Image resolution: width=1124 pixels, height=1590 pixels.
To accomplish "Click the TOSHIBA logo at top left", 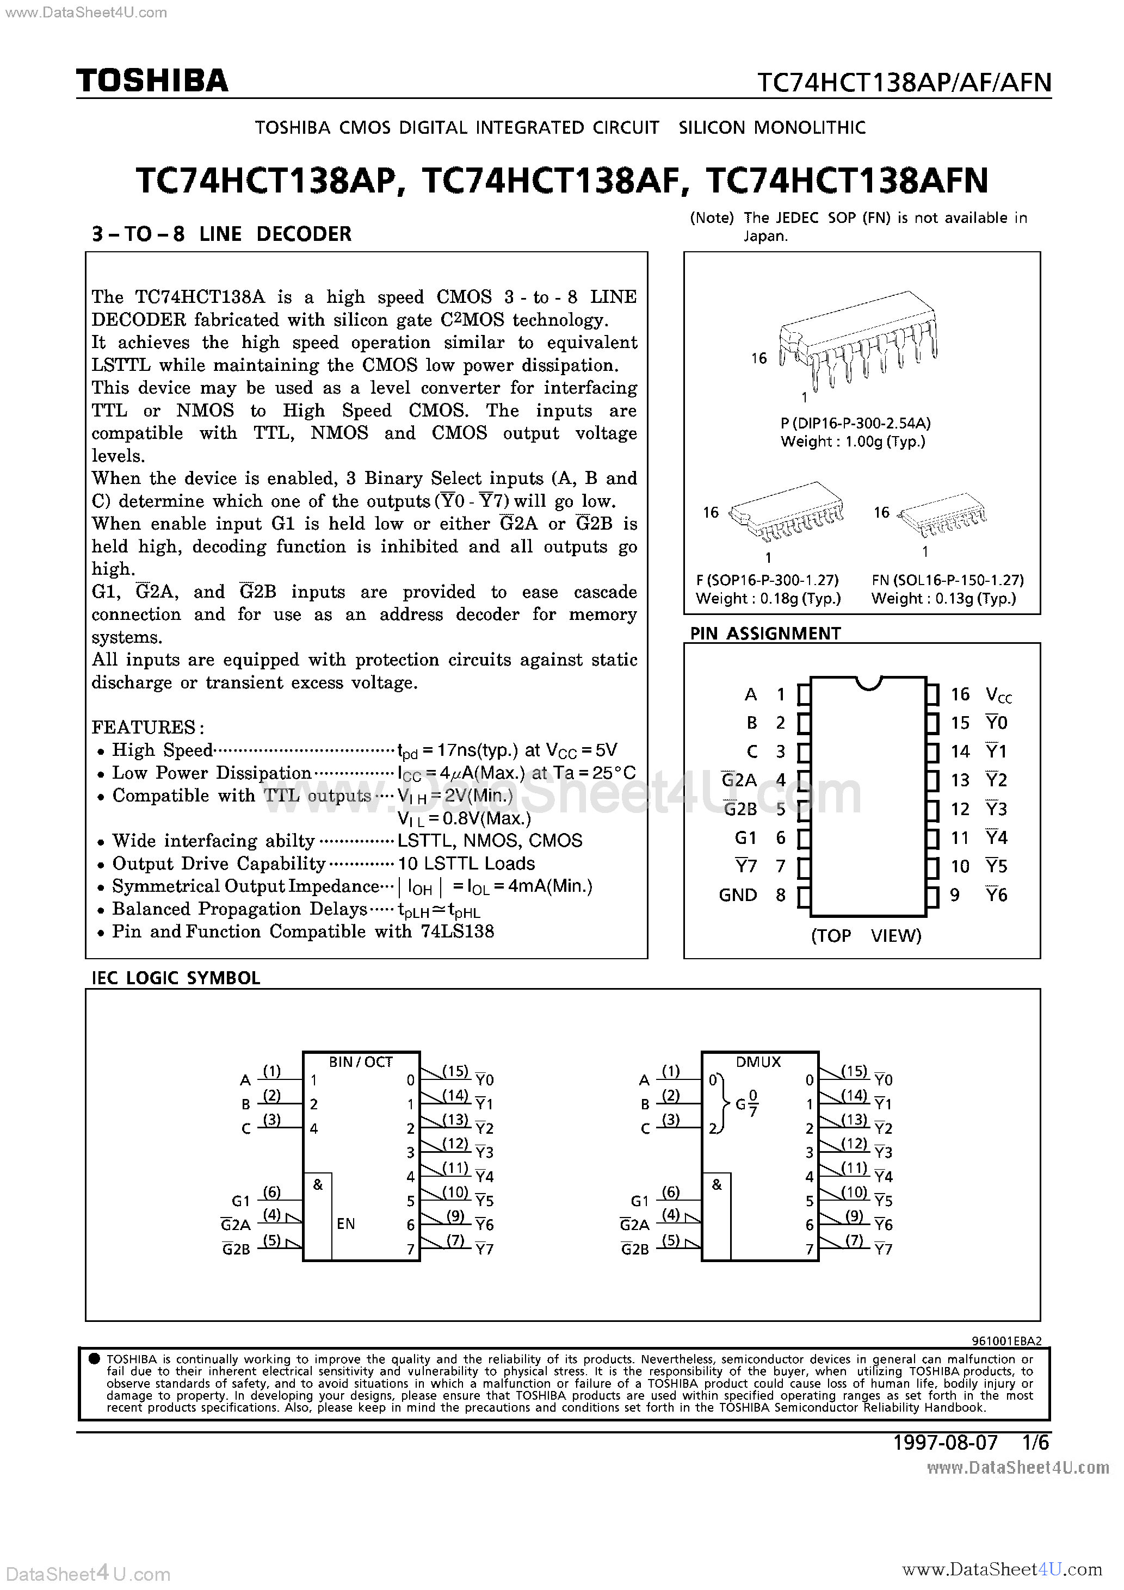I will tap(152, 81).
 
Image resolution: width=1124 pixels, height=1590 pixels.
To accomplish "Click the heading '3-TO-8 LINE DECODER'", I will tap(222, 234).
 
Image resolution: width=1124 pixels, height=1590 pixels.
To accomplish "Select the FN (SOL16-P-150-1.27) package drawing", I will tap(944, 515).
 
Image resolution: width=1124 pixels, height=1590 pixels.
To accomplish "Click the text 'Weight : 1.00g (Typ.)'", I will tap(853, 442).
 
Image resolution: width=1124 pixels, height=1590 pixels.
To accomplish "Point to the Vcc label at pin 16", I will tap(998, 694).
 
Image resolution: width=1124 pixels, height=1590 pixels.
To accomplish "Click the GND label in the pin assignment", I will tap(737, 896).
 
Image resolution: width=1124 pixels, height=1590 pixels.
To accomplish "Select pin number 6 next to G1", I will tap(780, 838).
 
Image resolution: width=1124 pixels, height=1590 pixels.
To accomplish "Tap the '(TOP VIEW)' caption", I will tap(866, 936).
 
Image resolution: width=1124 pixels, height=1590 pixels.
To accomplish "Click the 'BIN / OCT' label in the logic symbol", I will tap(360, 1061).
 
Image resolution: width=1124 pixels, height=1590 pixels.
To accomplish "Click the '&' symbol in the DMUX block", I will tap(717, 1185).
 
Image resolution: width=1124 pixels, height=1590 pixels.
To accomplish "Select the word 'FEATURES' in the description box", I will tap(144, 727).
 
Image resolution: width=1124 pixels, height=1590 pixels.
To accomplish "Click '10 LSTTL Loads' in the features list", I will tap(466, 864).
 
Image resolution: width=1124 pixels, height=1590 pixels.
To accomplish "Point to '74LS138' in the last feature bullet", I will tap(458, 931).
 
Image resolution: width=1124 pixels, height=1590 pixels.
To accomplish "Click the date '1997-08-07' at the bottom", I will tap(945, 1443).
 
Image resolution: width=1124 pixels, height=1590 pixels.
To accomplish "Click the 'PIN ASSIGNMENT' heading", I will tap(765, 633).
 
